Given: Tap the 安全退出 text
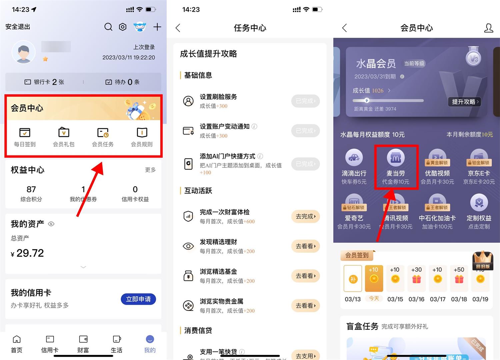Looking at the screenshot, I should (18, 27).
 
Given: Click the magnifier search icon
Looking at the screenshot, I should (108, 27).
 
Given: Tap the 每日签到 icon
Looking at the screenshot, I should (25, 133).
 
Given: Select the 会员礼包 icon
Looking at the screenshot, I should (64, 133).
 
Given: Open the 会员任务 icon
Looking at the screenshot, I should (103, 133).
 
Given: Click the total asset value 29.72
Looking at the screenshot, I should (30, 253).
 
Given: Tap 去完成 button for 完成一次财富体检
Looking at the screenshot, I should (305, 216).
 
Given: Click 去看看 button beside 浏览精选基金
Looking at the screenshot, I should (305, 276).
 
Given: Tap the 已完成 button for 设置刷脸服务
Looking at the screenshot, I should (305, 101).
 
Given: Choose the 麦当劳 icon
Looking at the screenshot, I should (396, 158).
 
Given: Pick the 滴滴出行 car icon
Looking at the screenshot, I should (354, 158).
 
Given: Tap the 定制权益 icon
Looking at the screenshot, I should (479, 203).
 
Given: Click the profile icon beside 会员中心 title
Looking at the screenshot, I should (488, 28).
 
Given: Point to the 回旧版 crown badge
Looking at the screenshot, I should (482, 260).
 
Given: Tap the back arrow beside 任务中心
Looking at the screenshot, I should (178, 28).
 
